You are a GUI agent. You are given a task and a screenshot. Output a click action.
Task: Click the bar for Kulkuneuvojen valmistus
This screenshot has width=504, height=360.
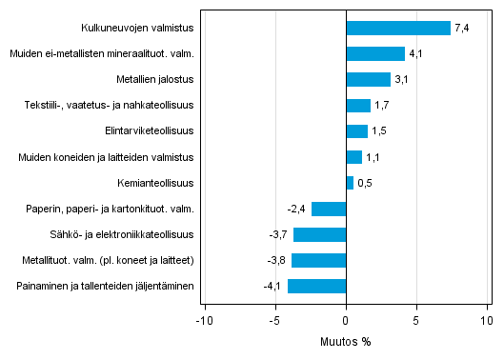coord(398,29)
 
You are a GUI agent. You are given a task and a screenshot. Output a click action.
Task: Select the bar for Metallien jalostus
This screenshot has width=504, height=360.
coord(368,80)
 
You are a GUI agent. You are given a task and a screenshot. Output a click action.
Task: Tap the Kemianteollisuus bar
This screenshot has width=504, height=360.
coord(350,183)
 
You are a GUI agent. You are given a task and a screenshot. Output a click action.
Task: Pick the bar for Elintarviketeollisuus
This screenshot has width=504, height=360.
coord(356,131)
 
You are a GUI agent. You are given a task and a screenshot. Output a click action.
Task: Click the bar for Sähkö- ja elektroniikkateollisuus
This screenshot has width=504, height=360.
coord(319,234)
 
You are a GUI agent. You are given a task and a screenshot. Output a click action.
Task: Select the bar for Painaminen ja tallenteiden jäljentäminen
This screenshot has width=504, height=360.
coord(316,286)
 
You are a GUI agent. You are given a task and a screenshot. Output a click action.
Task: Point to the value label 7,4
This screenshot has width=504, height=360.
coord(462,29)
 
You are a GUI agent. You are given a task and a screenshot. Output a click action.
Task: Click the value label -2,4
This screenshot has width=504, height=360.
coord(295,209)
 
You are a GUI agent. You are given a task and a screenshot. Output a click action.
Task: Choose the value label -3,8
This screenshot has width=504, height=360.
coord(276,260)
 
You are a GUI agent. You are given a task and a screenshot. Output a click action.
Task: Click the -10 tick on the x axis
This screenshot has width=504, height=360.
coord(202,321)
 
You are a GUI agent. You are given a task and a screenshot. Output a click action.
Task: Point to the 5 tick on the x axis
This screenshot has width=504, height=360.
coord(416,321)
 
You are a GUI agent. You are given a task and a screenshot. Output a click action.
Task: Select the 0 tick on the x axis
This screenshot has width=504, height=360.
coord(346,321)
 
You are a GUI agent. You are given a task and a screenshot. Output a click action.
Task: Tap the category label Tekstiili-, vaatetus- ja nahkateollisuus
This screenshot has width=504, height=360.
coord(113,106)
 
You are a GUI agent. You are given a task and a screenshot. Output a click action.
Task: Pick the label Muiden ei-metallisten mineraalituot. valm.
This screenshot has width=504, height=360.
coord(102,54)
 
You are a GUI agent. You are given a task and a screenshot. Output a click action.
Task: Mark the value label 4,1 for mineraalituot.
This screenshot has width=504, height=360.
coord(415,54)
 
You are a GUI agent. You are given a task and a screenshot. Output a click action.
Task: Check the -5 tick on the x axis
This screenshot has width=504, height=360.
coord(273,321)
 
